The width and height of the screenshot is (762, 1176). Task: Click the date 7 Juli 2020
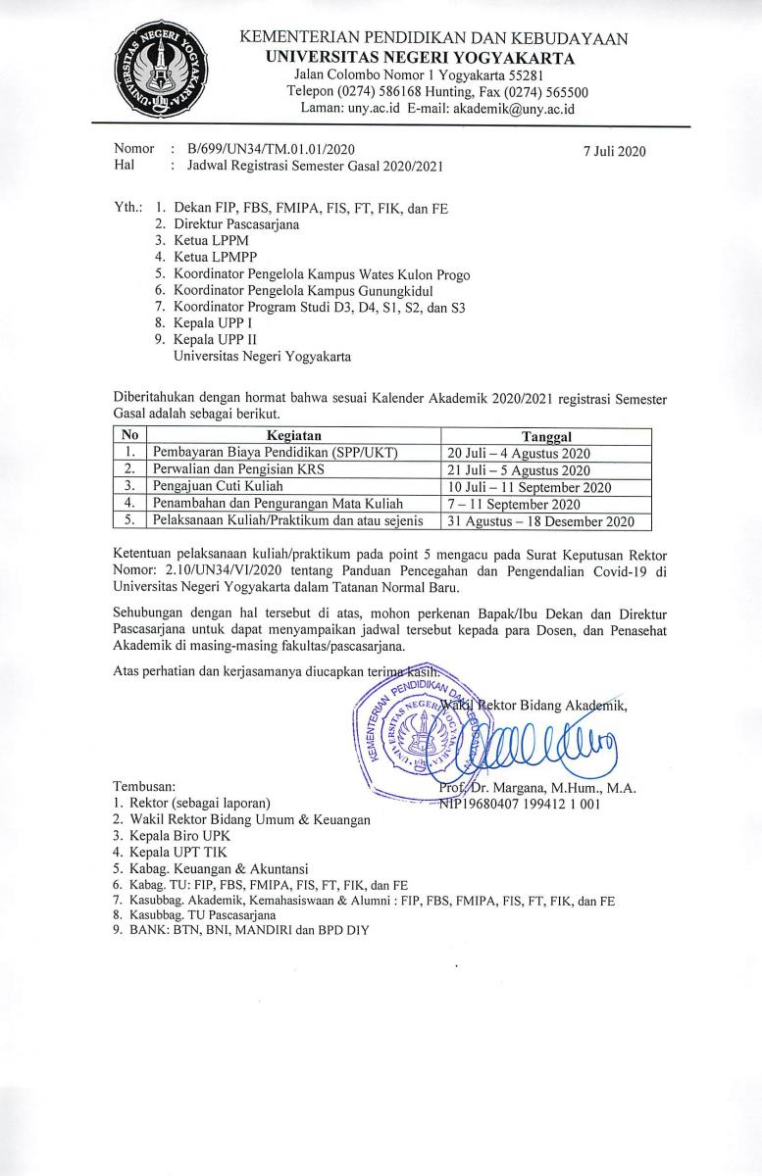click(614, 151)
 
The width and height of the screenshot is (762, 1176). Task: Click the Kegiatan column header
click(293, 435)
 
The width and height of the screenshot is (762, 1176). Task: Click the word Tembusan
click(145, 786)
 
